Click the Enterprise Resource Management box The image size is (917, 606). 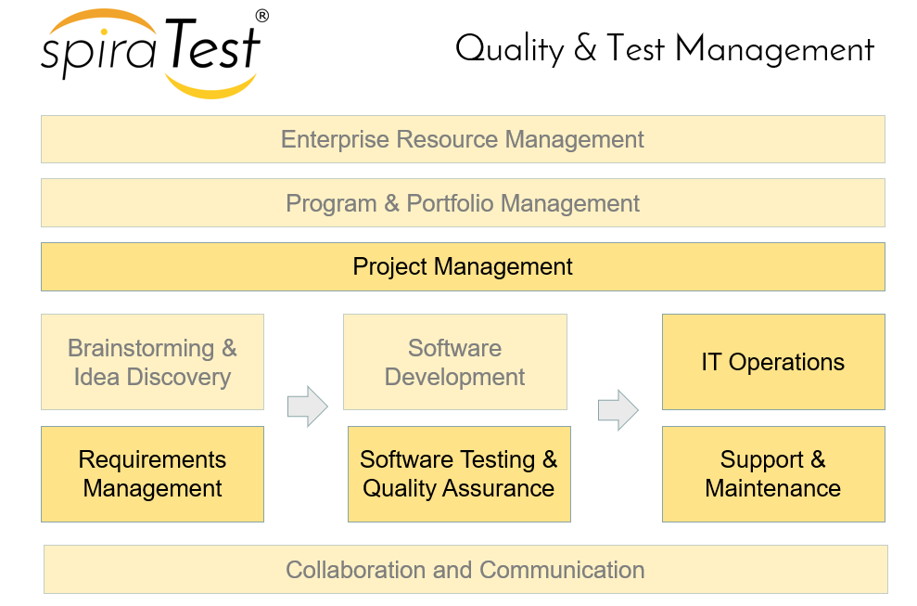pos(463,139)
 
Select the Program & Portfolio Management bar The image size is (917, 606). pos(463,203)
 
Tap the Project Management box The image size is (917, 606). pos(463,267)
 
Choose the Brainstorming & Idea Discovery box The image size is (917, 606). pos(152,362)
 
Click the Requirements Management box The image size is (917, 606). pos(152,474)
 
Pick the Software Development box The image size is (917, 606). pos(455,362)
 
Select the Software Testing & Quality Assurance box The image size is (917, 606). pos(459,474)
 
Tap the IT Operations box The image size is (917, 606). pos(773,362)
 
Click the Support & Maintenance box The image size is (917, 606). pos(773,474)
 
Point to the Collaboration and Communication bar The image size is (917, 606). pos(465,570)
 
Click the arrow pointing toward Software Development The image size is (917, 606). pos(308,406)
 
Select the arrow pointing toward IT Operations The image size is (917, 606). pos(618,410)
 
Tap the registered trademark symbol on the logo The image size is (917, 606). pos(262,16)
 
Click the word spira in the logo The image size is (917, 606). pos(98,53)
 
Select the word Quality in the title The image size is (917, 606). pos(509,50)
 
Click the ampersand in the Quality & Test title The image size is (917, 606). pos(585,47)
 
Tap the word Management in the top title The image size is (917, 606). pos(775,49)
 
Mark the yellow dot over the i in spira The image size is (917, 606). pos(104,32)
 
